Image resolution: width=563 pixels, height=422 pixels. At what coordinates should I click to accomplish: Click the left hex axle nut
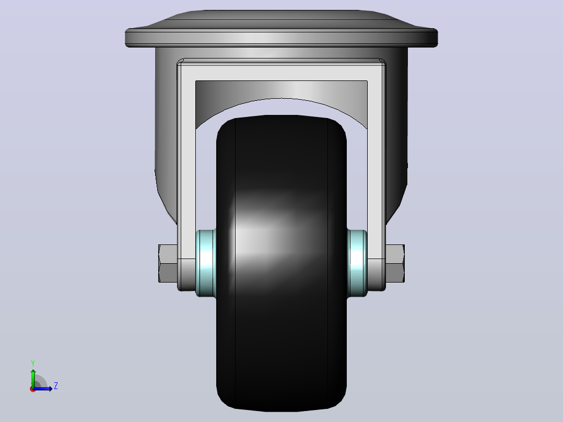(x=168, y=263)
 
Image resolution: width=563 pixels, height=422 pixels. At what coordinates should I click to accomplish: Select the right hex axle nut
(x=395, y=263)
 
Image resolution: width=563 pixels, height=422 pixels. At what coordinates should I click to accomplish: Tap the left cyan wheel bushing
(x=206, y=263)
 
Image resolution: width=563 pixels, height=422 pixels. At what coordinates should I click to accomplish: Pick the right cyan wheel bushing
(x=357, y=263)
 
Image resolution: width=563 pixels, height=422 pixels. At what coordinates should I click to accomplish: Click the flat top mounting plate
(x=282, y=38)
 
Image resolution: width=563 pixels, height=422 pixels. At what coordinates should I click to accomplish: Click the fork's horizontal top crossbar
(x=282, y=73)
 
